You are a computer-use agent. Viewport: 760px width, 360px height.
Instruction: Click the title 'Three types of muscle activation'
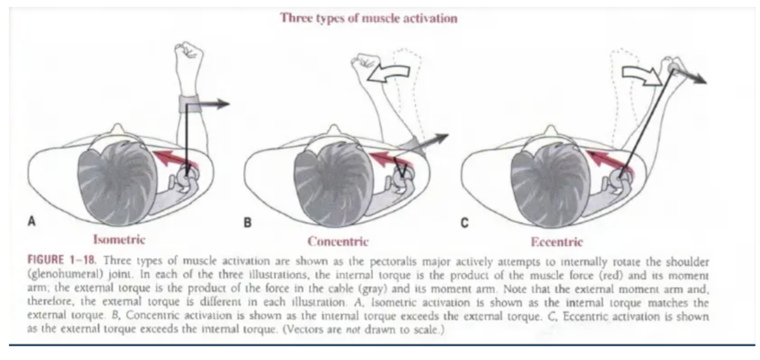click(369, 18)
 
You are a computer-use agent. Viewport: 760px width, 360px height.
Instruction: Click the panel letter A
click(31, 222)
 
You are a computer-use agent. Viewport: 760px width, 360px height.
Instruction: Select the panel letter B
click(248, 223)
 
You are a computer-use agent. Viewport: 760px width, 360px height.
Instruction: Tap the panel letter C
click(464, 223)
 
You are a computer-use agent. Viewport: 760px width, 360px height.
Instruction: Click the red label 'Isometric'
click(119, 240)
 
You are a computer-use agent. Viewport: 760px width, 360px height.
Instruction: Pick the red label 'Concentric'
click(338, 241)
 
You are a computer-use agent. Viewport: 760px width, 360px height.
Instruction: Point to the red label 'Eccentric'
click(557, 242)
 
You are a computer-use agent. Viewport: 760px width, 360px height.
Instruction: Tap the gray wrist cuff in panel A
click(189, 104)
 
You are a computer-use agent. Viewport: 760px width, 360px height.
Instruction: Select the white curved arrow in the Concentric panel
click(389, 73)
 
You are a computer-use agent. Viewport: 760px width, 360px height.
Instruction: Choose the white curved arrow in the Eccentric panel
click(642, 75)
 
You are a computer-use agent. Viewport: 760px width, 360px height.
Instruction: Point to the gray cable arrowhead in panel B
click(441, 137)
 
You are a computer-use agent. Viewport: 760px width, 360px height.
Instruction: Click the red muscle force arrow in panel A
click(175, 160)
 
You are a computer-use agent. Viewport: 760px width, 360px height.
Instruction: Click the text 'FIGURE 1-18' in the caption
click(61, 260)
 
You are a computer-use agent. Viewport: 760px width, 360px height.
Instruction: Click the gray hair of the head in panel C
click(550, 185)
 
